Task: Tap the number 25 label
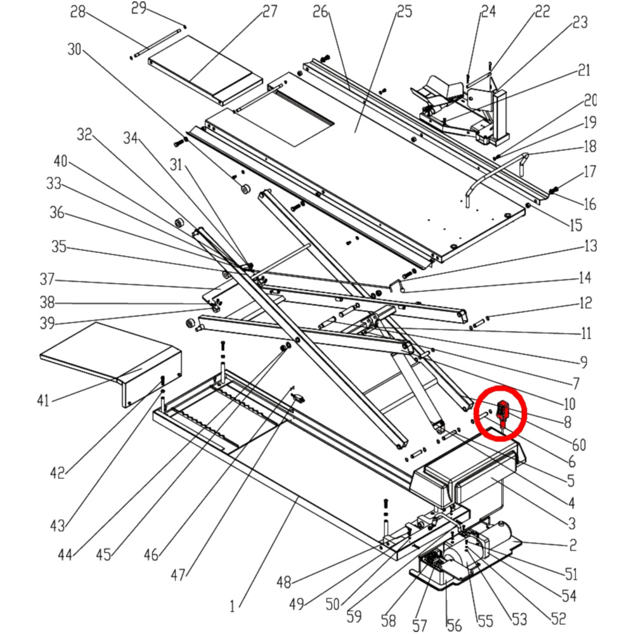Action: click(403, 11)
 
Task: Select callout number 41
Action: click(42, 400)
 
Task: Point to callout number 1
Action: click(233, 606)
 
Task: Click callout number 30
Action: click(75, 49)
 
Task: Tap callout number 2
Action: click(573, 544)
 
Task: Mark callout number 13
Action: click(590, 246)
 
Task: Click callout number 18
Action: click(590, 146)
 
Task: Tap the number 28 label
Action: click(78, 11)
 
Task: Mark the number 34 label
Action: click(130, 136)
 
